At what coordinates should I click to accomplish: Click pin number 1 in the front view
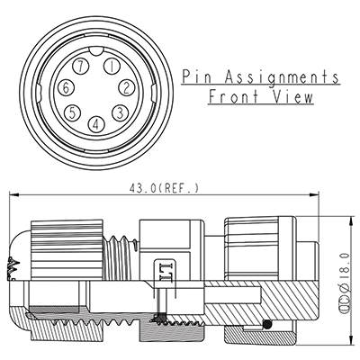coord(109,66)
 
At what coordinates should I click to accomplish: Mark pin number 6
coord(67,87)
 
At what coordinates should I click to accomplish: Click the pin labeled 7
coord(83,67)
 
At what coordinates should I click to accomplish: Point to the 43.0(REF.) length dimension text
coord(166,188)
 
